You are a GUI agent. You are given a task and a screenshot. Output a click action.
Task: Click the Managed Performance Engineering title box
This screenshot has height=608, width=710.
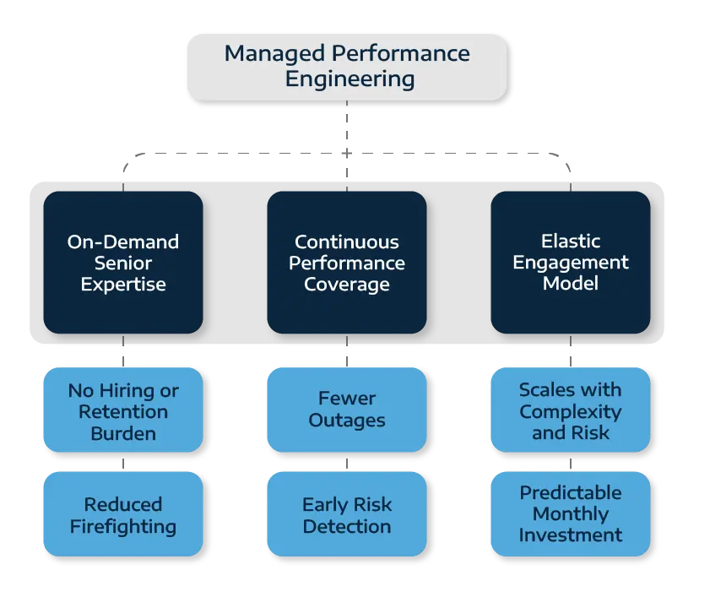346,67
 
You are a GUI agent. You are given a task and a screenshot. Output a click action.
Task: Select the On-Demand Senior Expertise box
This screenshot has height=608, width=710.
123,262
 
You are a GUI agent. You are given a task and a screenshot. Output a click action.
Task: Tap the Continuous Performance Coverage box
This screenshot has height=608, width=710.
347,262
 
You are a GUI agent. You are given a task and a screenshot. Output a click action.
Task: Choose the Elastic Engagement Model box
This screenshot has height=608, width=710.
571,262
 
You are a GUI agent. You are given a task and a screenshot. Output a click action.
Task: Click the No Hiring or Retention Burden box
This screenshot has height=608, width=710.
123,410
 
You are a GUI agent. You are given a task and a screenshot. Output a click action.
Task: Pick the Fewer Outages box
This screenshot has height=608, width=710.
347,410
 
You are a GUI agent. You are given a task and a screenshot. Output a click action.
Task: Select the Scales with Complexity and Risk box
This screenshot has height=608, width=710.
571,410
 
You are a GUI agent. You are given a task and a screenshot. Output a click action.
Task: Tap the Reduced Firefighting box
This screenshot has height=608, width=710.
123,514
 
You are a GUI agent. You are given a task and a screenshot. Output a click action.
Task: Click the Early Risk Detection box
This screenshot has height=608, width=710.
347,514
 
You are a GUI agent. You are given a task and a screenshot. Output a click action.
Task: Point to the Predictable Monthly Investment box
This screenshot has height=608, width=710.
571,514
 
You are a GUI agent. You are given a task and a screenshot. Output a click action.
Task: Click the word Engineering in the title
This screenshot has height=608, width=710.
350,80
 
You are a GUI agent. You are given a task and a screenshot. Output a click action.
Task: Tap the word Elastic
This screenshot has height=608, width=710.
570,241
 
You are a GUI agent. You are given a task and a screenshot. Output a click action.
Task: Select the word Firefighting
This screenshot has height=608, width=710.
123,526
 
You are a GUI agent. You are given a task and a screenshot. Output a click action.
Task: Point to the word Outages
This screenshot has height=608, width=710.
347,421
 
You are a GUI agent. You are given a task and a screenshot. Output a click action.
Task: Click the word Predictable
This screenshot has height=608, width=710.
571,492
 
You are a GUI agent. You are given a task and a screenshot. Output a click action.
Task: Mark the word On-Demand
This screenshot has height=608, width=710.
123,242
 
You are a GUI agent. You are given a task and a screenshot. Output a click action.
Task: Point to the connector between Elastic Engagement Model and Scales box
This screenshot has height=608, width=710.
571,350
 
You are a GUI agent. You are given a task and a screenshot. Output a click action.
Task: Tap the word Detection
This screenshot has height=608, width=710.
347,526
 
